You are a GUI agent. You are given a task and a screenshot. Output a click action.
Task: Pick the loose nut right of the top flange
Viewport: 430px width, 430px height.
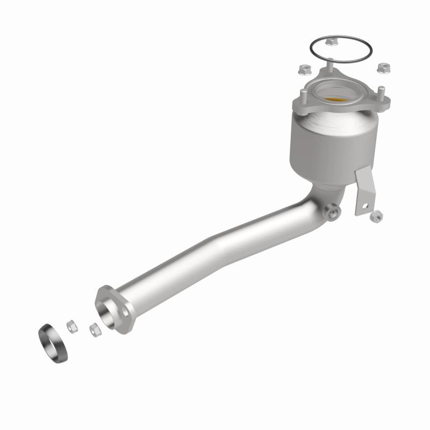click(383, 68)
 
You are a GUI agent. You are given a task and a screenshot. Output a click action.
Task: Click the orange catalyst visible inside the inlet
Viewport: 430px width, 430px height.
click(335, 100)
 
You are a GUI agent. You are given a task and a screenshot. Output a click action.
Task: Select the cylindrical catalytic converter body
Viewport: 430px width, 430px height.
click(322, 145)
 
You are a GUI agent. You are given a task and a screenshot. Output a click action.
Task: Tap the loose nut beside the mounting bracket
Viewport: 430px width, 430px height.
click(377, 216)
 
